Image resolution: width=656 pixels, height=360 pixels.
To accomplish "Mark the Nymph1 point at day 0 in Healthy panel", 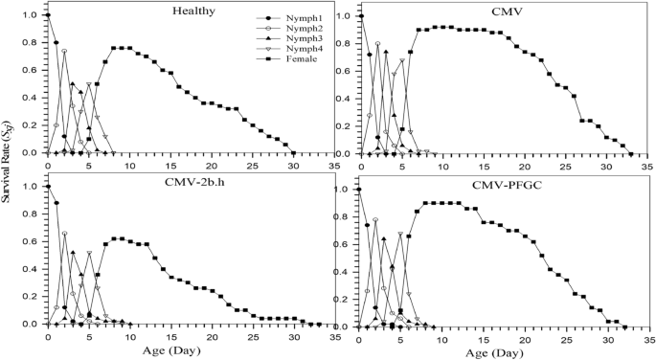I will tap(48, 15).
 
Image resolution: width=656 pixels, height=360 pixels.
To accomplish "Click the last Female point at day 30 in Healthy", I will tap(293, 152).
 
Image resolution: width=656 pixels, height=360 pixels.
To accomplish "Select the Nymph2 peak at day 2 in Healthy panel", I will tap(64, 51).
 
